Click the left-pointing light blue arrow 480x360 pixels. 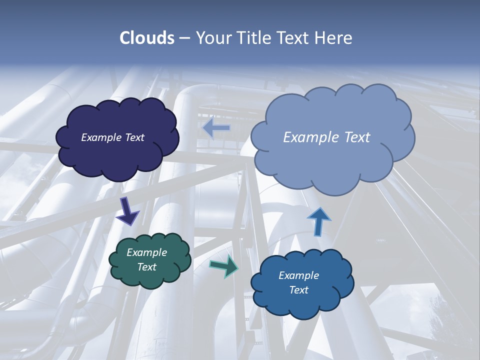216,128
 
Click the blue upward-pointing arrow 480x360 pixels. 318,221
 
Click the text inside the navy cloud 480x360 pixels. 112,137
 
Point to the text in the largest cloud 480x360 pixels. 326,137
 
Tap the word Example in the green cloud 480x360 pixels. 146,252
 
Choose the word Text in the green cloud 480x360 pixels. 146,267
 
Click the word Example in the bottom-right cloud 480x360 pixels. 298,275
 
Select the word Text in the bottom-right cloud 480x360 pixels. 298,290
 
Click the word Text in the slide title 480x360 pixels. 294,38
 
